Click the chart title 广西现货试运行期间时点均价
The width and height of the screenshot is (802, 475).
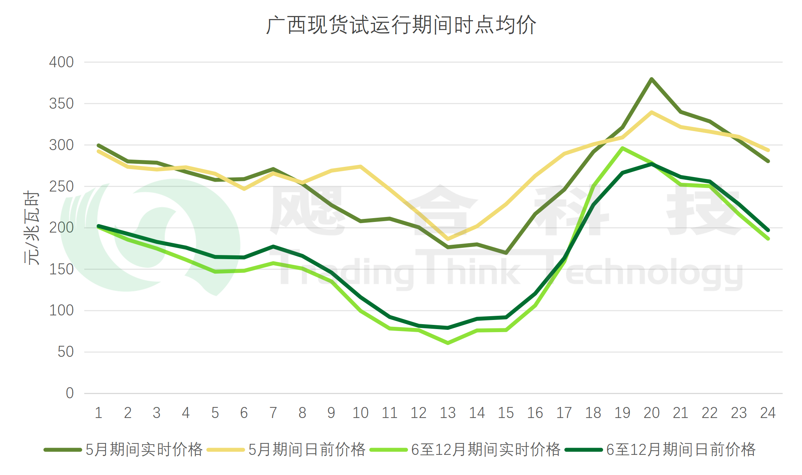point(401,25)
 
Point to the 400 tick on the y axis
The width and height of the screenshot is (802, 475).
point(61,62)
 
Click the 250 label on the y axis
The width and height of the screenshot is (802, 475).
point(61,187)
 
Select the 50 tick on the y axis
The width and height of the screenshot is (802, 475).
point(65,352)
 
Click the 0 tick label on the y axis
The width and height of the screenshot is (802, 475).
point(69,393)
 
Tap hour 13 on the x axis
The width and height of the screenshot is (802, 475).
point(447,413)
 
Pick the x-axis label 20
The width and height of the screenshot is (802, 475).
point(651,413)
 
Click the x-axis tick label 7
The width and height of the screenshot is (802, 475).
point(273,413)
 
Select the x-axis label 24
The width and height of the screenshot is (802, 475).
point(767,413)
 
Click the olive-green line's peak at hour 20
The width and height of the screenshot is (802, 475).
point(651,79)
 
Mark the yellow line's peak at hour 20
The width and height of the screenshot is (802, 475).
point(651,112)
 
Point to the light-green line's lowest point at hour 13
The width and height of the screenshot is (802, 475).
point(448,343)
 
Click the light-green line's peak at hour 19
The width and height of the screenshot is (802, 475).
point(622,148)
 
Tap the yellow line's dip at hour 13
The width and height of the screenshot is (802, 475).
point(448,239)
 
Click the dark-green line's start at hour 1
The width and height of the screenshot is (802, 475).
point(99,226)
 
